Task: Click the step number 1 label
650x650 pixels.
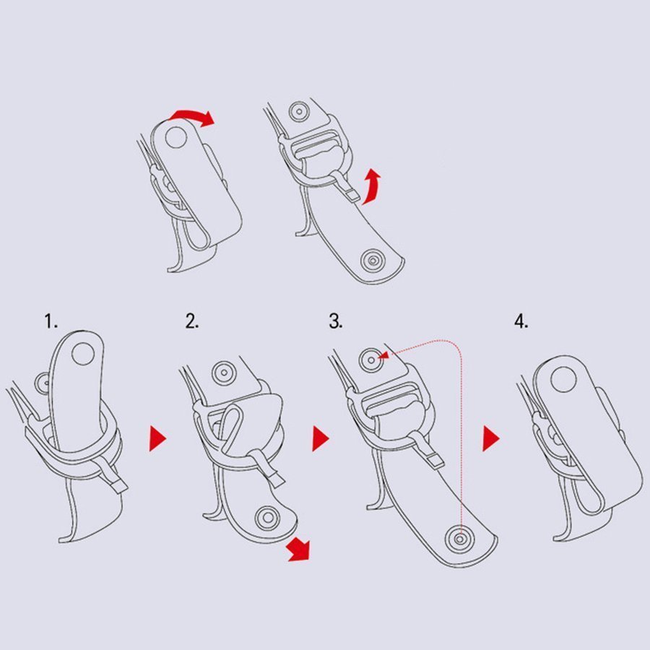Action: point(51,321)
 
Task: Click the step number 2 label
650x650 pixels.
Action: point(192,321)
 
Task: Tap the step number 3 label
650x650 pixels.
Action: point(335,321)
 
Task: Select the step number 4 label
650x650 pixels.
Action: point(521,321)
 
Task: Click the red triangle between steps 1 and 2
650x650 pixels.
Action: point(157,438)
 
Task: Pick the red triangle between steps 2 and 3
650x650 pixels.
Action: point(321,438)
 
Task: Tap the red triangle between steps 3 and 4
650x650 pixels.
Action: point(491,438)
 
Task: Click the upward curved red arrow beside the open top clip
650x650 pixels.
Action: point(372,186)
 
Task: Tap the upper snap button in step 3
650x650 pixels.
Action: point(371,360)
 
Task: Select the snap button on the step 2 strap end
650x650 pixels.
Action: point(267,518)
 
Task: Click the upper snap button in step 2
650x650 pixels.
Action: point(224,373)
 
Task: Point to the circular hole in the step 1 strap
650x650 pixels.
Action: point(83,353)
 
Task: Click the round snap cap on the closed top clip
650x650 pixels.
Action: point(176,137)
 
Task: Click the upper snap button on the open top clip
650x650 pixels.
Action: point(299,111)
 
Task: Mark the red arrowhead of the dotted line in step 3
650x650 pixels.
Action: point(385,355)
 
